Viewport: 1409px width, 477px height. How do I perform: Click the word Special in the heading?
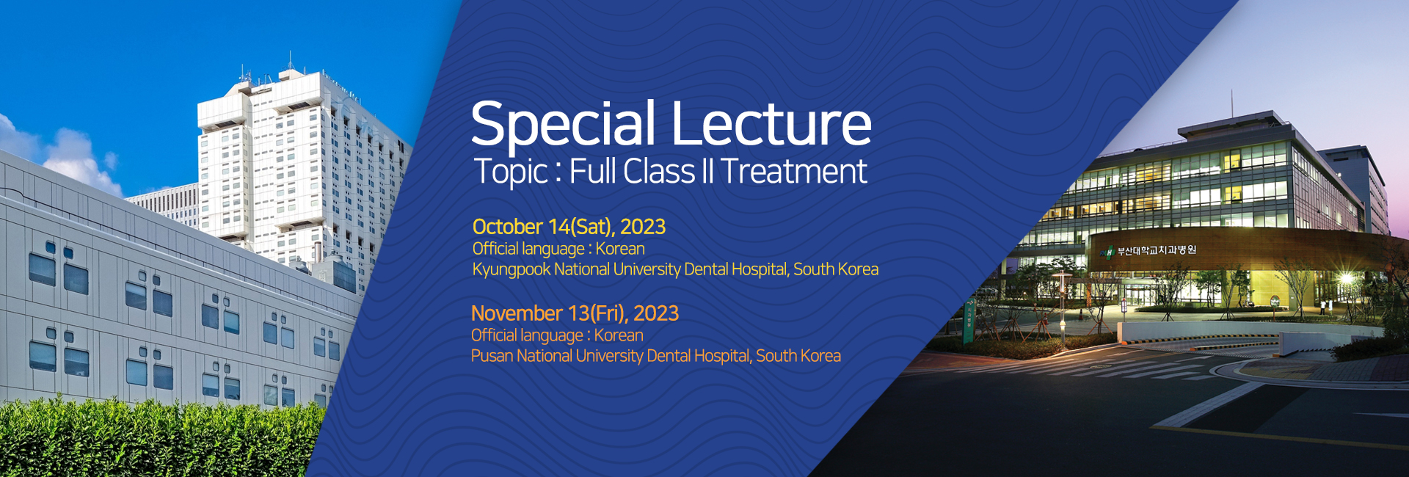pos(563,124)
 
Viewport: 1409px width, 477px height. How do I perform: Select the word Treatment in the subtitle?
pos(793,172)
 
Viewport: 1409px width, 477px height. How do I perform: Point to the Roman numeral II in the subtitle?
pos(707,171)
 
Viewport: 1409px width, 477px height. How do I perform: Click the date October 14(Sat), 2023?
pos(569,227)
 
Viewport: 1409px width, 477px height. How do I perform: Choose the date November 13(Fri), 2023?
pos(575,313)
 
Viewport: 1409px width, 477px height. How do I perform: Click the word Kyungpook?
pos(511,269)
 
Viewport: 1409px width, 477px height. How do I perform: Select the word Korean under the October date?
pos(620,249)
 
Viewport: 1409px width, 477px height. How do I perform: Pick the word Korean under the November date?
pos(619,335)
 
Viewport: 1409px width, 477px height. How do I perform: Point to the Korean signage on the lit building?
pos(1157,250)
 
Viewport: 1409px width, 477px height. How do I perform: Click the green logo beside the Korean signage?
pos(1107,252)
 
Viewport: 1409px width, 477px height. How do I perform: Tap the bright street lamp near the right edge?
pos(1345,279)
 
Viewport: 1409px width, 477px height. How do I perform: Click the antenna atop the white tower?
pos(290,60)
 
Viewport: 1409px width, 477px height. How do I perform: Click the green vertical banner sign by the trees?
pos(969,324)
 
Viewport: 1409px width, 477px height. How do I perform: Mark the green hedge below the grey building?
pos(147,440)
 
